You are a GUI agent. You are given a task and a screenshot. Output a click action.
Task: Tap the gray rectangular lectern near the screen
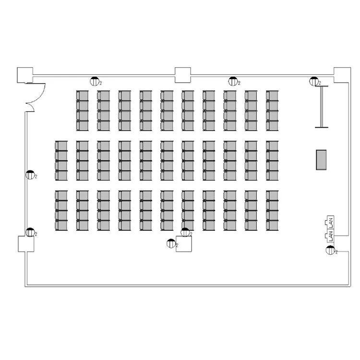click(x=321, y=160)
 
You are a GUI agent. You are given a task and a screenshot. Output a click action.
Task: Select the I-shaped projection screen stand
click(x=322, y=107)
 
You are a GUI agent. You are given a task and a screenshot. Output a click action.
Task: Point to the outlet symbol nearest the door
click(x=95, y=81)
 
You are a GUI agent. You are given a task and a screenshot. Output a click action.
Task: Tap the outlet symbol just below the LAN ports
click(x=330, y=250)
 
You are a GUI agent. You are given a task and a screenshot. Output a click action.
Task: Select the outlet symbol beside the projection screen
click(x=314, y=81)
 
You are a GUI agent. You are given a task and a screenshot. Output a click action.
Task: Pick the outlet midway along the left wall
click(x=30, y=175)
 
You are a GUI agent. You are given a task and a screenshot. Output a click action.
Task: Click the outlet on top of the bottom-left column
click(x=30, y=232)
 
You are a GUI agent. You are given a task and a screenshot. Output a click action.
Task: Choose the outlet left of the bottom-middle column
click(x=171, y=243)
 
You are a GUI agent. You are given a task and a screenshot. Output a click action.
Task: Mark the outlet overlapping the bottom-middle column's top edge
click(x=185, y=232)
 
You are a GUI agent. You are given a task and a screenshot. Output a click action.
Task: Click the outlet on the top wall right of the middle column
click(x=233, y=81)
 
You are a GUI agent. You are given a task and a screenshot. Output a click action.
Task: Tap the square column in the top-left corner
click(x=25, y=75)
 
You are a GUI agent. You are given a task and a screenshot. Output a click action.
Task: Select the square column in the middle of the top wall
click(x=183, y=75)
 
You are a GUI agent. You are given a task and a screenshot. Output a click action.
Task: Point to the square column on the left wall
click(x=26, y=244)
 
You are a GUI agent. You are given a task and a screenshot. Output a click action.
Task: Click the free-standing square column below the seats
click(x=184, y=244)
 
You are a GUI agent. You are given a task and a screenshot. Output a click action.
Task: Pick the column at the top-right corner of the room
click(x=342, y=75)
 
